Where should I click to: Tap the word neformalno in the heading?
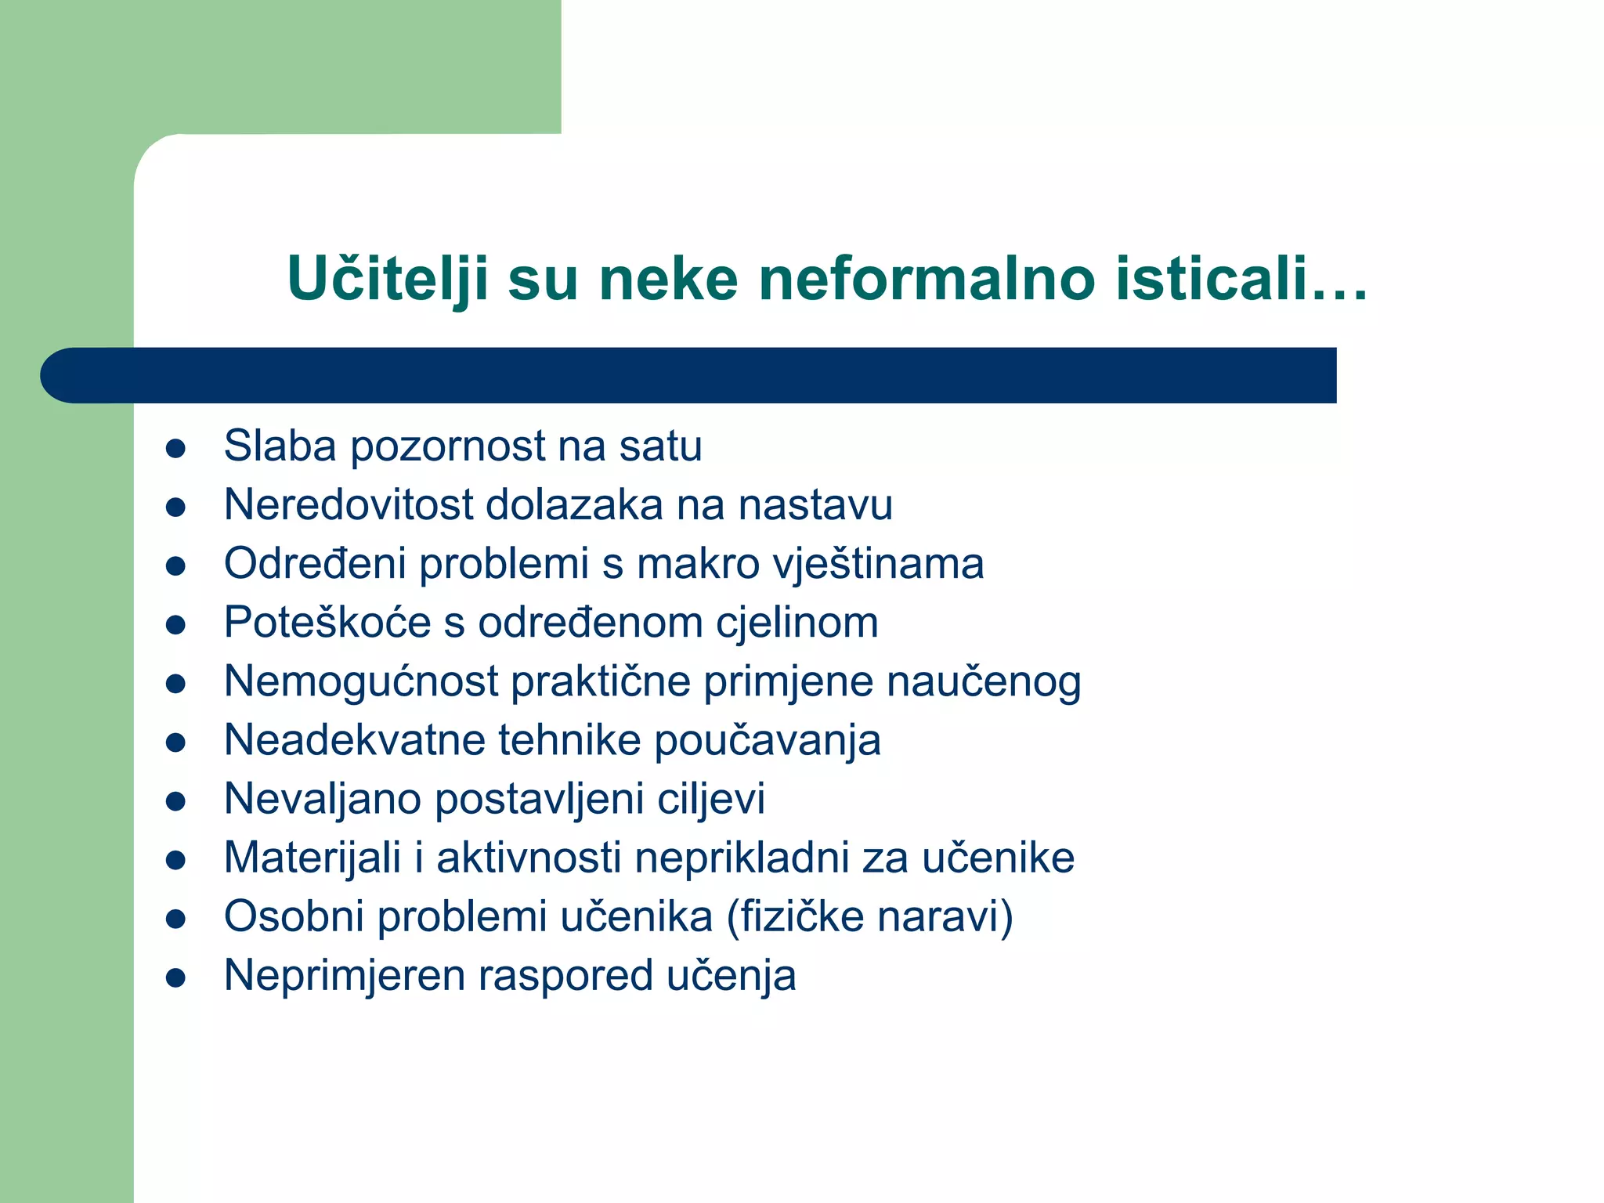pos(927,279)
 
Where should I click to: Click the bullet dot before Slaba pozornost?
pos(175,449)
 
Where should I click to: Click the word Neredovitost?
pos(348,504)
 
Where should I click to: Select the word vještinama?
pos(878,564)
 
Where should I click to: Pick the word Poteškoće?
pos(327,623)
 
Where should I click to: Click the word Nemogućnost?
pos(361,681)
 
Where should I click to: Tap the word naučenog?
pos(984,681)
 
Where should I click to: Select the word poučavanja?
pos(768,741)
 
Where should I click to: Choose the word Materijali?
pos(312,858)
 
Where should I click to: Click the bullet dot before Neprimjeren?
pos(175,978)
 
